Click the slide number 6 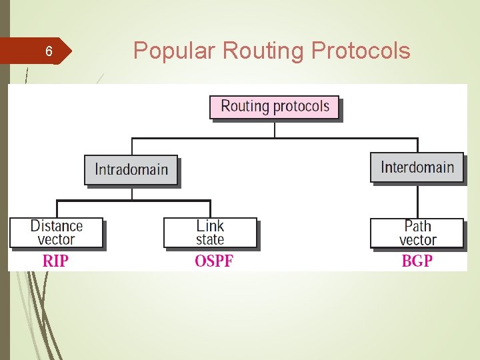(49, 51)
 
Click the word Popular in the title (175, 50)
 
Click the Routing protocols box (275, 107)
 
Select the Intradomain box (131, 169)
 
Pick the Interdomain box (417, 167)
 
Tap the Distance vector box (57, 233)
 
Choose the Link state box (210, 233)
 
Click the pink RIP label (55, 261)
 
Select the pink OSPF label (214, 261)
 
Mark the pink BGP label (417, 261)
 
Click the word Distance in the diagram (57, 227)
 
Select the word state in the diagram (210, 239)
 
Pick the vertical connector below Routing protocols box (275, 129)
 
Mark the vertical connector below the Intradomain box (132, 193)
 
